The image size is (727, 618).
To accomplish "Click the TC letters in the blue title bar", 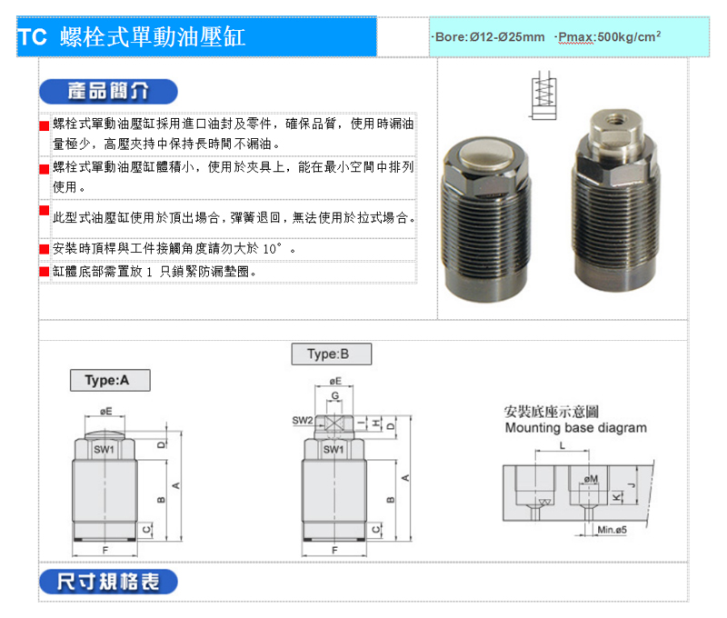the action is [32, 37].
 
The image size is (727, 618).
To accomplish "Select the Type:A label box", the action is [110, 380].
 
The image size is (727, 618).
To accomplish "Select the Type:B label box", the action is [332, 354].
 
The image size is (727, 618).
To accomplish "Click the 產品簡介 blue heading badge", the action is [108, 91].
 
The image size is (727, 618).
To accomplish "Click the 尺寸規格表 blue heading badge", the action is [108, 582].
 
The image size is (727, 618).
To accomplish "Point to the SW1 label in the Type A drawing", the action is [104, 449].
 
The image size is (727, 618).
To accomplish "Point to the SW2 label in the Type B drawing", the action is [303, 421].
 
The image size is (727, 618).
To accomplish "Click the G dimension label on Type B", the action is [334, 395].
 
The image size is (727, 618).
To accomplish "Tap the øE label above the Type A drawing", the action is [105, 411].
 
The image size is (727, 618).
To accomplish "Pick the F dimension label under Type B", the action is [334, 551].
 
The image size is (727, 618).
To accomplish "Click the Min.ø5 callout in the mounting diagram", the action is [612, 530].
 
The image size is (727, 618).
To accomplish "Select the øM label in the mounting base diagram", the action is [592, 478].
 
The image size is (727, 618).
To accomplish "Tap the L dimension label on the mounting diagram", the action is [562, 446].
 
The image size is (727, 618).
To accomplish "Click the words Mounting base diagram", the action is [576, 427].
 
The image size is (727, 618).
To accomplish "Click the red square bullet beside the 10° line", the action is [44, 249].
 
